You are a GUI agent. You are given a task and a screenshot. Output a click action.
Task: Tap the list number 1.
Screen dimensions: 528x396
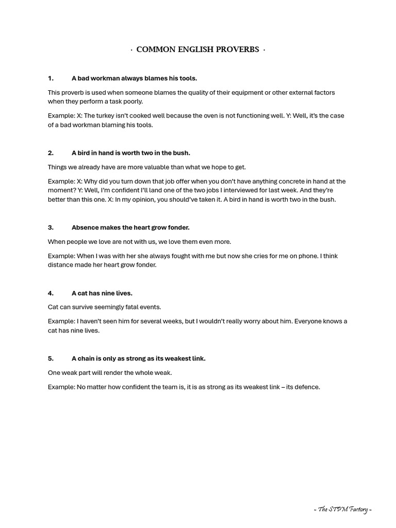pos(51,78)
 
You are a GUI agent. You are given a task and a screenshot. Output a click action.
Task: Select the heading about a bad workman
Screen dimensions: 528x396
pos(134,78)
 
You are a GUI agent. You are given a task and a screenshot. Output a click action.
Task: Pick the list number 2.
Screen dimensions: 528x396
pos(51,153)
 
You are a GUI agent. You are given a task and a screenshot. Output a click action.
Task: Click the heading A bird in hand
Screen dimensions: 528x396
pos(130,153)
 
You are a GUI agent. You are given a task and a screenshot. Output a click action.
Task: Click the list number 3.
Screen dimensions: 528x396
pos(51,227)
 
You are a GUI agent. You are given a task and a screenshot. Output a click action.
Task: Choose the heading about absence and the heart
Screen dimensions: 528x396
pos(130,227)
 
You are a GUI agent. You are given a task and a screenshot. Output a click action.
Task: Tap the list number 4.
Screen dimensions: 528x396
pos(51,293)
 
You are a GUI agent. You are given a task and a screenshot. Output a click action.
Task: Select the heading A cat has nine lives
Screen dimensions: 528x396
pos(102,293)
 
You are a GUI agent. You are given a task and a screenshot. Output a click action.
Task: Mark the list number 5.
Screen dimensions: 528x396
pos(51,358)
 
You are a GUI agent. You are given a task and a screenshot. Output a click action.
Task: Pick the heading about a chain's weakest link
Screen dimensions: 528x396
pos(138,358)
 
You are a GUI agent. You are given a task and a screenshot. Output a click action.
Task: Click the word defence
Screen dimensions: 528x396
pos(306,387)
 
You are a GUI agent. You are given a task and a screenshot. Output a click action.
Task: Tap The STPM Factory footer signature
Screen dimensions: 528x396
pos(342,510)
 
